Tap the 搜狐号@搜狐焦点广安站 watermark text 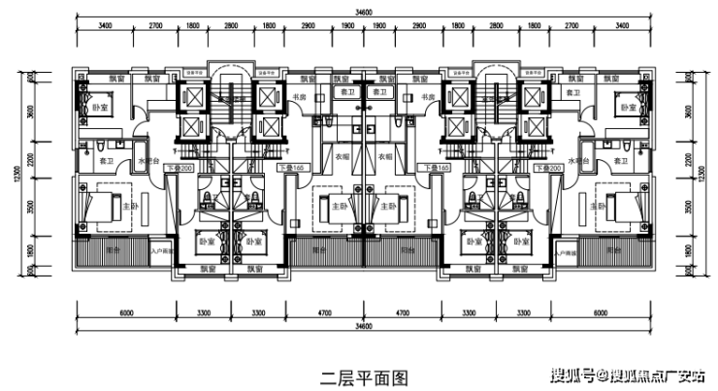pyautogui.click(x=630, y=375)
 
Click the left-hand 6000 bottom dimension pyautogui.click(x=125, y=311)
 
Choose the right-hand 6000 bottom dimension pyautogui.click(x=602, y=311)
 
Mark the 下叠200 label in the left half pyautogui.click(x=179, y=168)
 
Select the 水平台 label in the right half pyautogui.click(x=578, y=160)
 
